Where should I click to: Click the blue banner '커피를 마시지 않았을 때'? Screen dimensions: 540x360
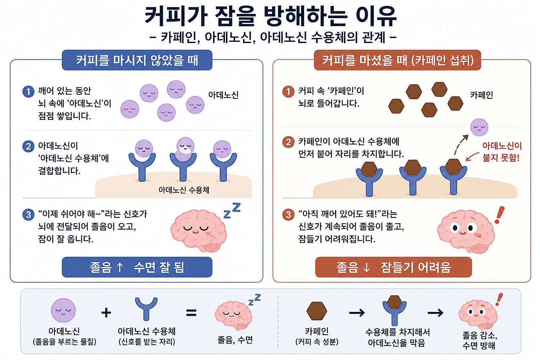tap(137, 60)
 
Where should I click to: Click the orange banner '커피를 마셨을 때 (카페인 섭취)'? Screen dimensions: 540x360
tap(397, 60)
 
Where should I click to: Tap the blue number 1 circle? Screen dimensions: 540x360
tap(28, 92)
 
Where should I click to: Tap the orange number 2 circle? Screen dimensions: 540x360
tap(288, 142)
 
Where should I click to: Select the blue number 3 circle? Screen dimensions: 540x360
tap(28, 214)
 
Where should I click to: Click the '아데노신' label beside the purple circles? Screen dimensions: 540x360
tap(223, 95)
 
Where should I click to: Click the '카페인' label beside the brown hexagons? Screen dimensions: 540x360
tap(481, 95)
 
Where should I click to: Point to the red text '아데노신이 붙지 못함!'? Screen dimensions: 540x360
tap(502, 152)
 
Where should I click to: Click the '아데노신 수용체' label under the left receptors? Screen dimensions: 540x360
tap(184, 190)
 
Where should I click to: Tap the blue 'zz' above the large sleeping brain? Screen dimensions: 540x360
tap(232, 210)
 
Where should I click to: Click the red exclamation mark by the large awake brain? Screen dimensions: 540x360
tap(499, 215)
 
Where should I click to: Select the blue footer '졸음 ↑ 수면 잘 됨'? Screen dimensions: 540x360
tap(137, 267)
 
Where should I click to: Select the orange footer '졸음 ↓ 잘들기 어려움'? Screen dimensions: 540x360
tap(394, 267)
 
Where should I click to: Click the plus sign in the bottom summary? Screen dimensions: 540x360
tap(106, 313)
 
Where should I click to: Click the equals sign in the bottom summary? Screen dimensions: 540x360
tap(192, 313)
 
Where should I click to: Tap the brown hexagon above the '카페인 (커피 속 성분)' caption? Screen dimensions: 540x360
tap(317, 311)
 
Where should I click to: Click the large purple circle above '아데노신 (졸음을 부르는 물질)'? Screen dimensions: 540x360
tap(63, 310)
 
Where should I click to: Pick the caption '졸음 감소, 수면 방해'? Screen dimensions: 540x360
tap(480, 340)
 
